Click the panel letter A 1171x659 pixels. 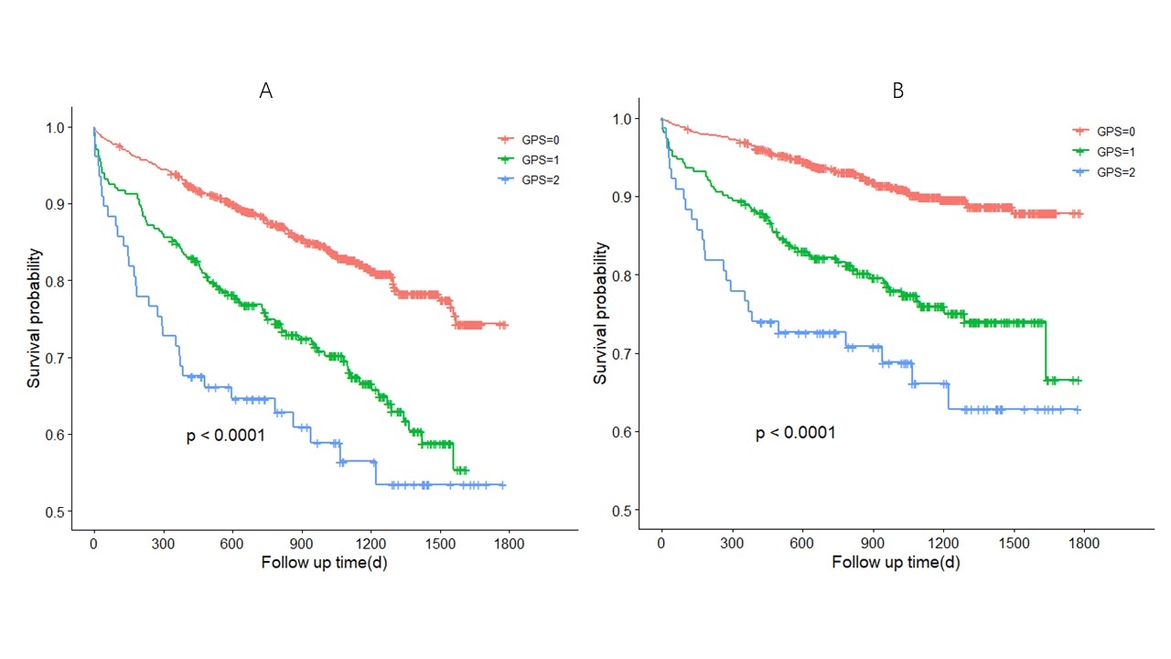[266, 91]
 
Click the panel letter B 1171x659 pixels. [897, 92]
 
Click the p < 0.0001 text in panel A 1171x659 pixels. [225, 437]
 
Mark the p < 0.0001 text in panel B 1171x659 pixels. [795, 433]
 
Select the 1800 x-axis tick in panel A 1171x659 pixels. [509, 543]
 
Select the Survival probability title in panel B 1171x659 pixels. [602, 313]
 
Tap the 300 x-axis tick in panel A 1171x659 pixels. [163, 543]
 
